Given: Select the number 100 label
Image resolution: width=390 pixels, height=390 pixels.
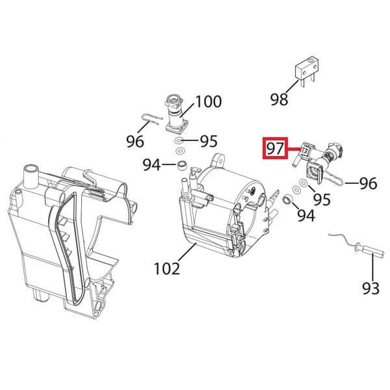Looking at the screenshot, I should [x=208, y=102].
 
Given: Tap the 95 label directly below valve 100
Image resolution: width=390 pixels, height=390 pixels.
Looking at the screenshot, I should [x=208, y=141].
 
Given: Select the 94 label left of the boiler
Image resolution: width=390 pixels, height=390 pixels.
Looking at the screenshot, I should [x=153, y=165].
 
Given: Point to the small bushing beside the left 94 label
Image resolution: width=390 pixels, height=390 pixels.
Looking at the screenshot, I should [x=183, y=163].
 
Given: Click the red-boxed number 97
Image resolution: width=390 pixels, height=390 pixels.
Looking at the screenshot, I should [x=274, y=149].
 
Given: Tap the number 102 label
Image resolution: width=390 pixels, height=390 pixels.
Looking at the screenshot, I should [x=166, y=266].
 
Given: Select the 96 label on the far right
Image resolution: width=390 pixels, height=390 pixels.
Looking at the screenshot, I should [x=367, y=184].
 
